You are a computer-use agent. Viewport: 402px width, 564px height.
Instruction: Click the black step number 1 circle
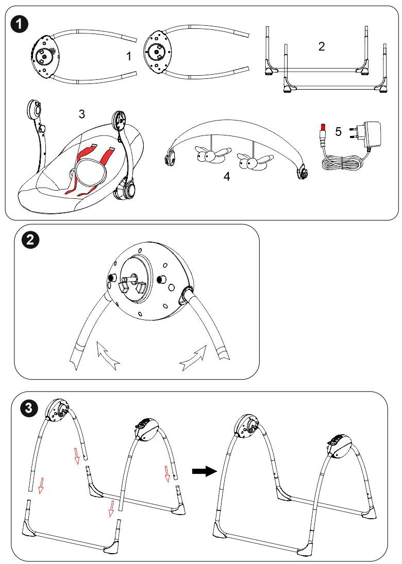(20, 24)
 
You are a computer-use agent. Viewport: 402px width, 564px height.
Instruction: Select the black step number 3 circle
(29, 408)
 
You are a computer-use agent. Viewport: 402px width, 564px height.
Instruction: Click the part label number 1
(128, 56)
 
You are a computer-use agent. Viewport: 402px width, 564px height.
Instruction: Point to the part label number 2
(322, 46)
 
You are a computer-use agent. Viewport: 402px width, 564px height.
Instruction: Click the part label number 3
(82, 114)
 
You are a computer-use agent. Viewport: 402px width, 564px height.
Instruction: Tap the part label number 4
(226, 177)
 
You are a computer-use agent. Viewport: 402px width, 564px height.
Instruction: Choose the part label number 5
(338, 132)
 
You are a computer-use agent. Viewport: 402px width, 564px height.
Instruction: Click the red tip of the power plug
(323, 127)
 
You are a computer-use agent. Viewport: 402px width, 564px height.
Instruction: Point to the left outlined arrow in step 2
(108, 356)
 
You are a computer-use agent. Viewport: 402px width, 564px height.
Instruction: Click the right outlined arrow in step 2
(194, 357)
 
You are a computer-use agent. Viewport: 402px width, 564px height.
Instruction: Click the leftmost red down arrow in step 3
(41, 484)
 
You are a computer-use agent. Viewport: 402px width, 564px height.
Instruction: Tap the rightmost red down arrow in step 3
(166, 473)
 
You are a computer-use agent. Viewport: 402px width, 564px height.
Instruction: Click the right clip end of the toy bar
(303, 172)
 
